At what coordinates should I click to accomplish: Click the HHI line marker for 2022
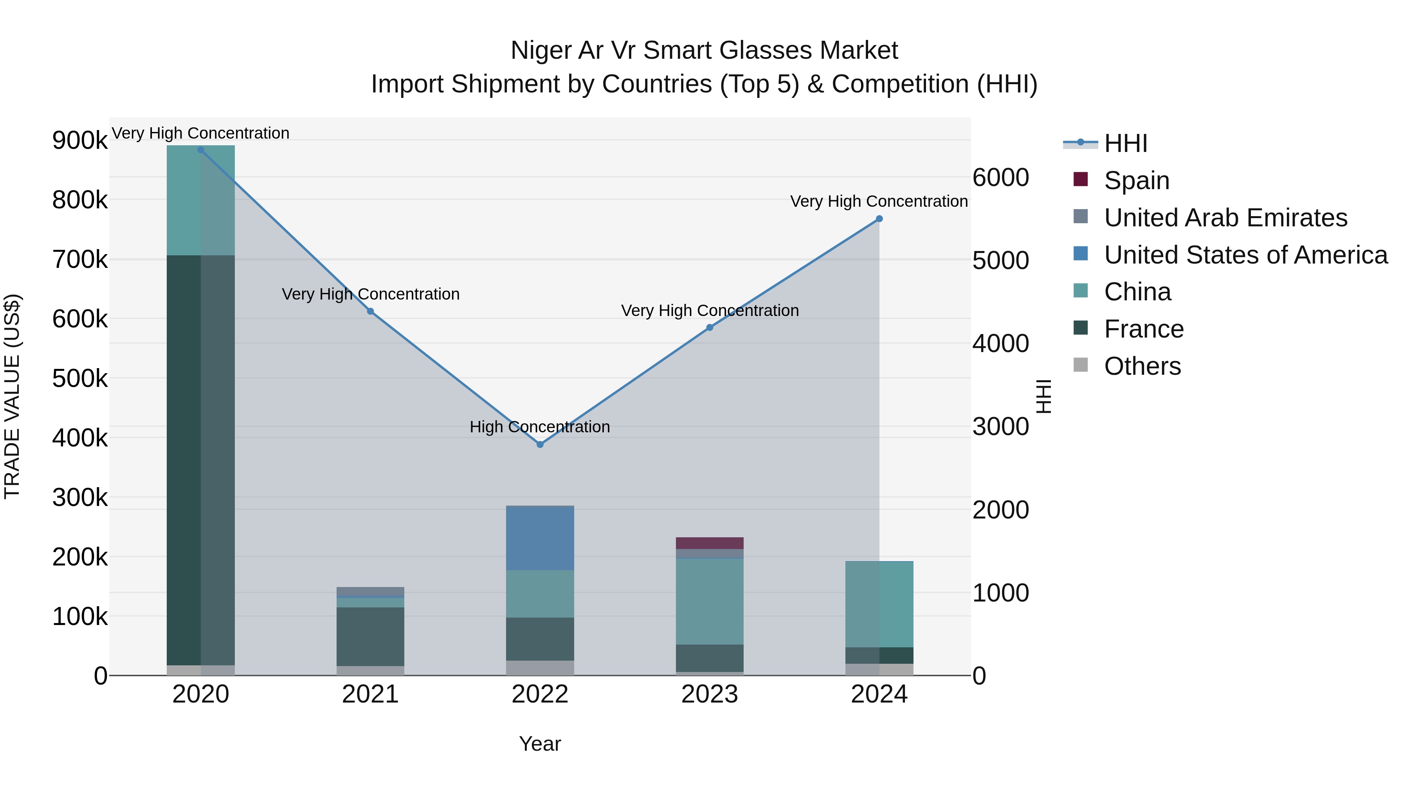point(540,444)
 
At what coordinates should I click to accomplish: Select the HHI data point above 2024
point(879,219)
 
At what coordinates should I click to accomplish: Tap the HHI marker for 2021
point(370,311)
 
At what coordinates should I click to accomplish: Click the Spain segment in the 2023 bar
point(710,543)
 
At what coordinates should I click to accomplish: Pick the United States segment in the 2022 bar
point(540,538)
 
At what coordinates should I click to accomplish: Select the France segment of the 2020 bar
point(200,460)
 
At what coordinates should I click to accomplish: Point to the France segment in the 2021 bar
point(370,636)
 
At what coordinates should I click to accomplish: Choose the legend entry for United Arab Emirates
point(1225,218)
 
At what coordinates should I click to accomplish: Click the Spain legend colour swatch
point(1080,179)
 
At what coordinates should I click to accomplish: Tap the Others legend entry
point(1142,366)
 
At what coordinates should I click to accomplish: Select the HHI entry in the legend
point(1125,143)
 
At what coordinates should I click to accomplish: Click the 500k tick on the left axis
point(80,379)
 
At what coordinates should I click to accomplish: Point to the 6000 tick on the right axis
point(1000,178)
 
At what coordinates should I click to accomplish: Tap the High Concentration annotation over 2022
point(540,427)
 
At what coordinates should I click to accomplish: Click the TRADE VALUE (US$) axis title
point(12,396)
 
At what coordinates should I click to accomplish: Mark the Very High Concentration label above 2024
point(879,201)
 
